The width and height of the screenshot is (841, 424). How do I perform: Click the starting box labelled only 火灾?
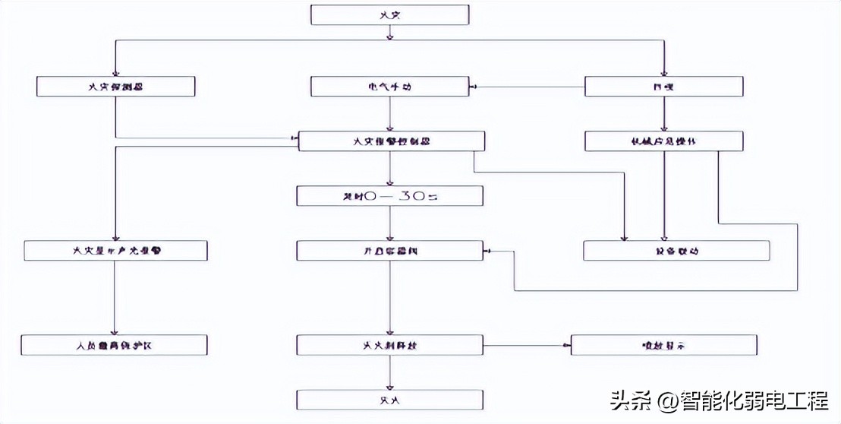click(x=389, y=14)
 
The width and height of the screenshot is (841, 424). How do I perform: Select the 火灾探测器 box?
click(x=115, y=87)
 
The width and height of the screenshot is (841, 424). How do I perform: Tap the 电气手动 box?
click(x=389, y=87)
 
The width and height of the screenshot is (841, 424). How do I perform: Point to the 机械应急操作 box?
click(x=664, y=141)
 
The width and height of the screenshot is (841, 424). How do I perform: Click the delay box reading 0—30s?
click(x=389, y=196)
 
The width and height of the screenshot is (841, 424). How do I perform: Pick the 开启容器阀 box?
click(x=389, y=251)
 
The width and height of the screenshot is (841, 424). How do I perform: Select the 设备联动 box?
click(x=676, y=251)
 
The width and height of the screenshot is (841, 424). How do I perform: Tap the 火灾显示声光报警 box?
click(x=115, y=251)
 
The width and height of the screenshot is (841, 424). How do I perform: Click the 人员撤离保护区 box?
click(x=115, y=345)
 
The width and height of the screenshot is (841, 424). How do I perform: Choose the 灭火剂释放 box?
click(x=389, y=345)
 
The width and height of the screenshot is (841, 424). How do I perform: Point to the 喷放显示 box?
click(x=664, y=345)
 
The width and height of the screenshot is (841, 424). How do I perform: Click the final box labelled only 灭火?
click(x=389, y=400)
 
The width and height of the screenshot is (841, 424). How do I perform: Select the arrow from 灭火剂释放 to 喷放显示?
click(x=527, y=346)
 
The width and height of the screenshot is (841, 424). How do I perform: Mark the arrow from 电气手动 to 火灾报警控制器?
click(x=390, y=114)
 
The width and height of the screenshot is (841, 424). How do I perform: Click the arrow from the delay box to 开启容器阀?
click(x=390, y=223)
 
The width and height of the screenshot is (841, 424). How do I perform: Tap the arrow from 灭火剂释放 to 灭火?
click(x=390, y=372)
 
